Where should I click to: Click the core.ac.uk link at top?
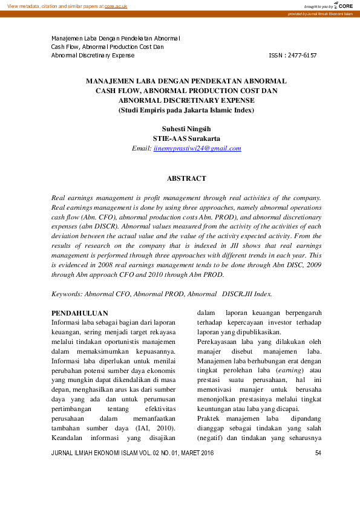coord(117,5)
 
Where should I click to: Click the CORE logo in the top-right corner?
coord(344,5)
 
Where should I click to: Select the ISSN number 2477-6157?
coord(301,55)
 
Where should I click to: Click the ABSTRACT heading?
coord(186,178)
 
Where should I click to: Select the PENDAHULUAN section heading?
coord(80,313)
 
